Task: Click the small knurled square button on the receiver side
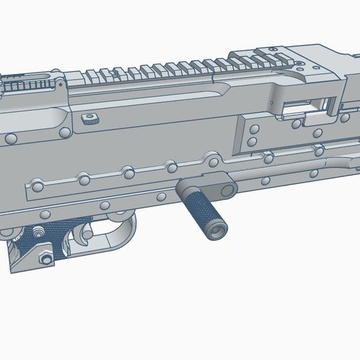click(88, 117)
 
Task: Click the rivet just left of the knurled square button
click(63, 131)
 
